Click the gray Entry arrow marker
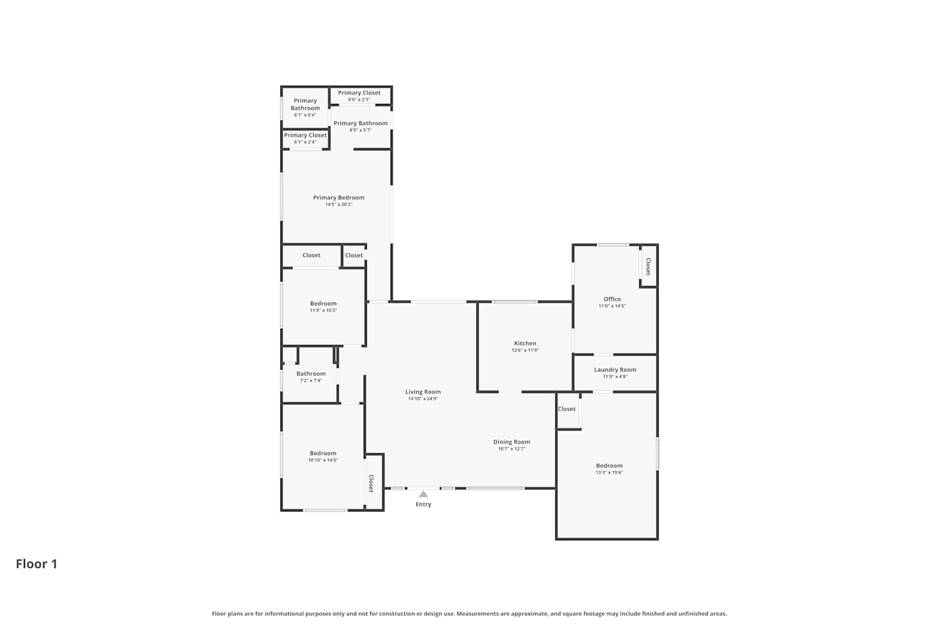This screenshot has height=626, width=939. (x=423, y=494)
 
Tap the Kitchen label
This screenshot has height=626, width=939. (x=525, y=343)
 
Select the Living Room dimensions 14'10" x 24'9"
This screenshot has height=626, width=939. (x=423, y=399)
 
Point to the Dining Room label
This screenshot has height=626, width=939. (x=511, y=442)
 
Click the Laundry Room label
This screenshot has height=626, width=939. (x=615, y=370)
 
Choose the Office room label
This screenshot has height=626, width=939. (x=612, y=299)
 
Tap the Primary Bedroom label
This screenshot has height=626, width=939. (x=339, y=197)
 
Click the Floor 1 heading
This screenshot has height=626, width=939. (x=36, y=564)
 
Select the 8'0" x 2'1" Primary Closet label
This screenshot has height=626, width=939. (x=359, y=96)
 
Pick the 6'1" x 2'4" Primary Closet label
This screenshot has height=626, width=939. (x=305, y=138)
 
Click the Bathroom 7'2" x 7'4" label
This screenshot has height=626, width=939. (x=310, y=376)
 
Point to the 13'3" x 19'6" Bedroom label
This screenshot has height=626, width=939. (x=609, y=469)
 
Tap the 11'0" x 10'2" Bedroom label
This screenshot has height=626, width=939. (x=323, y=307)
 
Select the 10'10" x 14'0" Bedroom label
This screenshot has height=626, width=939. (x=323, y=456)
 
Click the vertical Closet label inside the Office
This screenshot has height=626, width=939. (x=648, y=267)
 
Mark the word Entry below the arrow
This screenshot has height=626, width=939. (x=423, y=505)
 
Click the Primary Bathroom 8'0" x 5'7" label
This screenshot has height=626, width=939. (x=361, y=126)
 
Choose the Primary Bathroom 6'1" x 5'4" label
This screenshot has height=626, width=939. (x=305, y=107)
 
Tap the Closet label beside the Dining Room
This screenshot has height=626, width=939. (x=567, y=409)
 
